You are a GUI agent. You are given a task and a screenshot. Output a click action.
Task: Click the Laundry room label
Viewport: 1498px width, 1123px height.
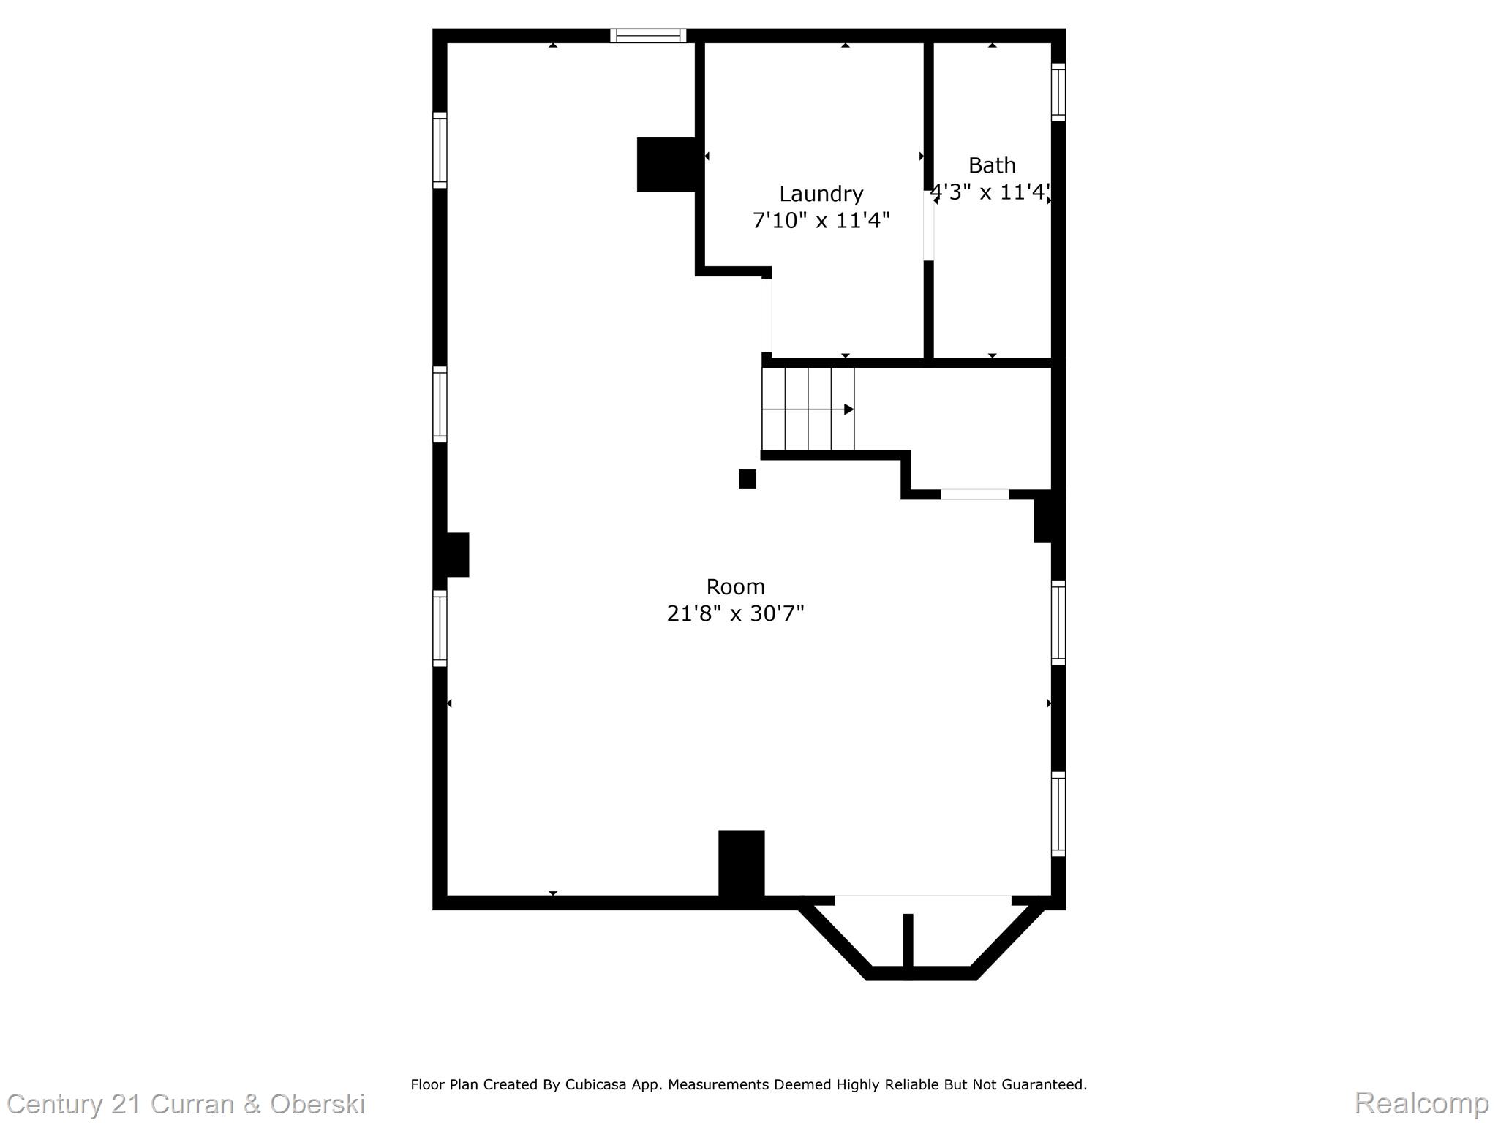tap(821, 194)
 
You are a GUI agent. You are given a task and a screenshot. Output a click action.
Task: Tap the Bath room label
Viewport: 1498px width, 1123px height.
tap(992, 165)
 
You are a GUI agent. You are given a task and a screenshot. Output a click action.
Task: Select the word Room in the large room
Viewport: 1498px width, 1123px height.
tap(735, 587)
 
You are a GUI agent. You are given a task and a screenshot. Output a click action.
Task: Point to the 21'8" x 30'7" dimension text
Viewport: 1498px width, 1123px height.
tap(735, 613)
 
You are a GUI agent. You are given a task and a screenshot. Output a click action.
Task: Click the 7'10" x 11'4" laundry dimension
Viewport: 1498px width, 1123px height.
tap(821, 220)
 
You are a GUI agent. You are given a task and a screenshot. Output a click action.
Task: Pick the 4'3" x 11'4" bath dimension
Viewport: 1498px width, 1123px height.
tap(991, 192)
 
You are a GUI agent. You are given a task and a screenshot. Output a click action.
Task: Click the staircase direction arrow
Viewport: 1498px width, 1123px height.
tap(848, 409)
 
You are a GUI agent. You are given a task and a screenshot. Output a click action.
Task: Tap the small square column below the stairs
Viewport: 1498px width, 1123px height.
tap(747, 479)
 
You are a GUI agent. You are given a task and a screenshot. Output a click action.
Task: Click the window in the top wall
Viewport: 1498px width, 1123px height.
tap(648, 36)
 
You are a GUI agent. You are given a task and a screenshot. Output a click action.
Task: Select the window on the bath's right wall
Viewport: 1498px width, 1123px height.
tap(1058, 92)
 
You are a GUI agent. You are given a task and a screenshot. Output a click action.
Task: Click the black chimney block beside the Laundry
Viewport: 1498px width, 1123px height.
tap(666, 165)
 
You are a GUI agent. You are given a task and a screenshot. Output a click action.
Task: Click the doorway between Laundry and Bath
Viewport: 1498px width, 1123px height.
tap(928, 225)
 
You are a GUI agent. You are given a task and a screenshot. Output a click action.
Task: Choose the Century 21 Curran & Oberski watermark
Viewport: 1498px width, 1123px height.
tap(186, 1103)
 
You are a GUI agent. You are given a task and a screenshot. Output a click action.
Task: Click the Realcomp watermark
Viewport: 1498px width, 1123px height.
tap(1421, 1102)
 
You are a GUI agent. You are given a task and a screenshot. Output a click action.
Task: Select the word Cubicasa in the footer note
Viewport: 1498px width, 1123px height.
tap(595, 1084)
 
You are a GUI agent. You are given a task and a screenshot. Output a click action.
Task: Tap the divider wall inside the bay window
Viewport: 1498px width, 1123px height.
tap(908, 943)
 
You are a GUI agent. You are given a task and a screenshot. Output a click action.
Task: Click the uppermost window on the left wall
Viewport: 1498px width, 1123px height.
tap(440, 150)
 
